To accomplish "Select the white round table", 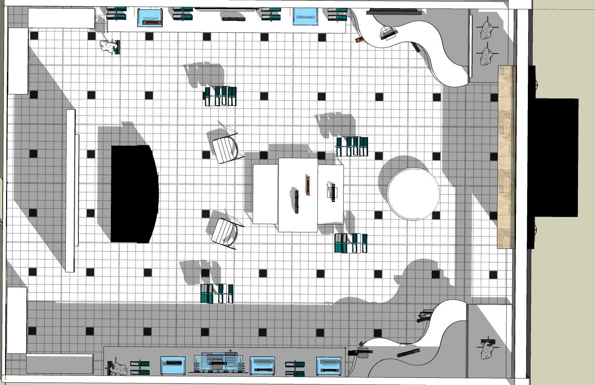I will pyautogui.click(x=413, y=194).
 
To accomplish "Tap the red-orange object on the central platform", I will pyautogui.click(x=308, y=186).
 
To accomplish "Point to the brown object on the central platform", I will pyautogui.click(x=297, y=202).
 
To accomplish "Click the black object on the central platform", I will pyautogui.click(x=333, y=192).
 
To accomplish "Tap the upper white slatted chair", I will pyautogui.click(x=225, y=149).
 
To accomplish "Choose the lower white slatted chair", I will pyautogui.click(x=224, y=232).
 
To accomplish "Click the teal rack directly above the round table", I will pyautogui.click(x=352, y=146).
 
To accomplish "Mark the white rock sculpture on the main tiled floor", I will pyautogui.click(x=108, y=46).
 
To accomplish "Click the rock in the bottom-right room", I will pyautogui.click(x=487, y=350).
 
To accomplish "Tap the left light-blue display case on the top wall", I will pyautogui.click(x=150, y=18).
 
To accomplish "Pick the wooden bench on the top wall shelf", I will pyautogui.click(x=233, y=19).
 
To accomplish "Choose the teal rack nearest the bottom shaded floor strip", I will pyautogui.click(x=217, y=294).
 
